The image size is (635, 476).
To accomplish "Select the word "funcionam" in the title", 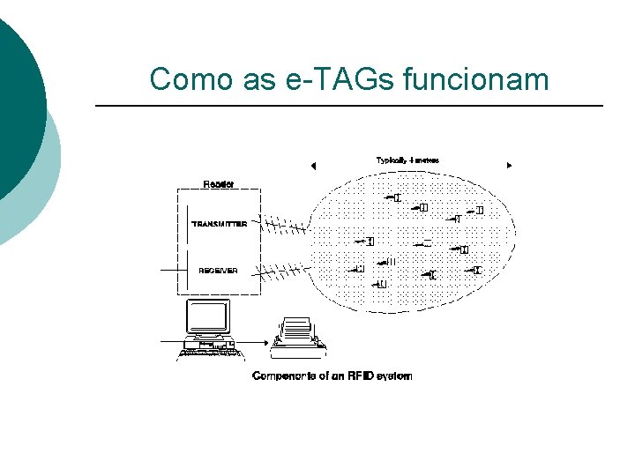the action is click(475, 79).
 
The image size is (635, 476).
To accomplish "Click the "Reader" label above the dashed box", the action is click(218, 184).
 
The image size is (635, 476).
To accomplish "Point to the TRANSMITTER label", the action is click(225, 225).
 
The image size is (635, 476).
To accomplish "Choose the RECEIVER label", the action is click(218, 270).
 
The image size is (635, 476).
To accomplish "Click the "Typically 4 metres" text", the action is click(407, 160).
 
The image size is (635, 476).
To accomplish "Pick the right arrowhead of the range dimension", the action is click(509, 166).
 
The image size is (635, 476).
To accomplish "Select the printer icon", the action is click(297, 334).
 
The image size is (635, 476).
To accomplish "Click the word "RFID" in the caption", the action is click(359, 376).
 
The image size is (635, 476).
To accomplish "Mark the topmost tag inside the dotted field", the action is click(394, 197).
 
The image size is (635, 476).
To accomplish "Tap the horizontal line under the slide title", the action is click(348, 107).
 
